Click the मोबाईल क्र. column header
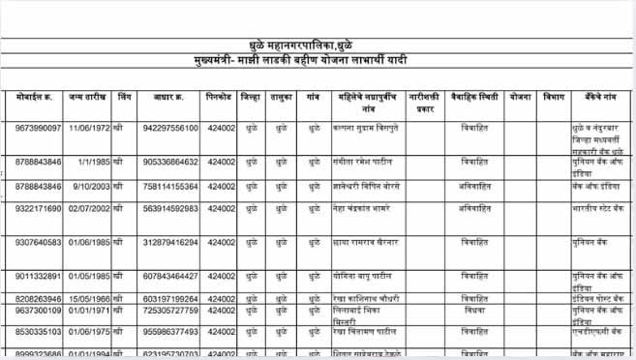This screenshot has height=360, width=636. coord(38,99)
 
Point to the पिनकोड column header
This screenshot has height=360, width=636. coord(219,99)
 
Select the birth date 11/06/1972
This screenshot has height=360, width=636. coord(88,128)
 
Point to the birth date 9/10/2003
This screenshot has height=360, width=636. coord(88,186)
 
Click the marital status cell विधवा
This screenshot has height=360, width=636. coord(474,311)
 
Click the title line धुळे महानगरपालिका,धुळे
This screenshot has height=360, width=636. coord(317,45)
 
